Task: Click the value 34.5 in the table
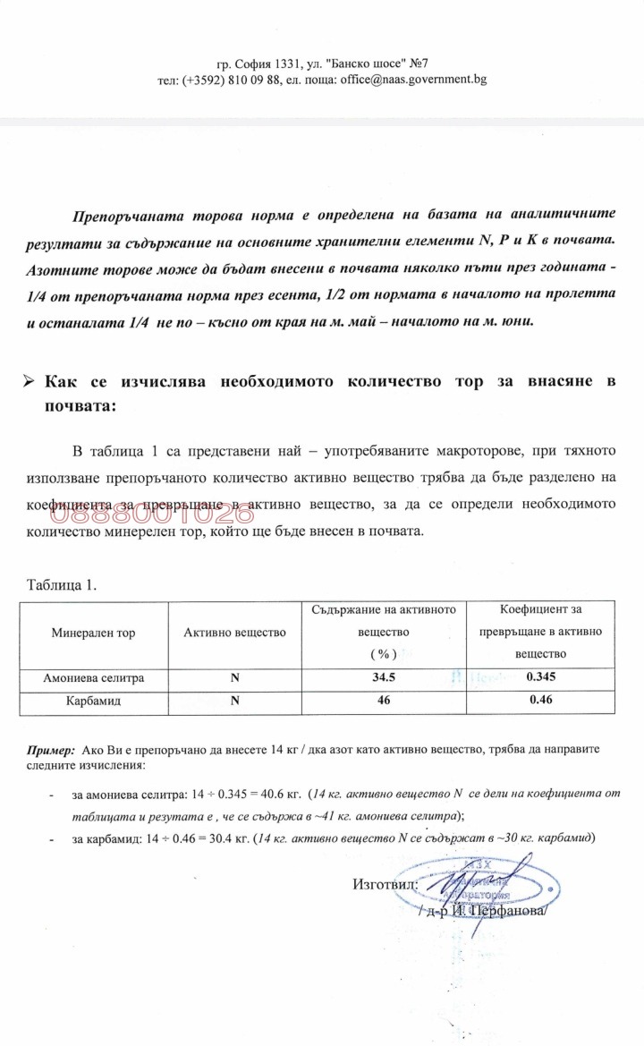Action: pos(384,679)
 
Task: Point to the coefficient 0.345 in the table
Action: pos(539,679)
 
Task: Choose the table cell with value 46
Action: pos(384,702)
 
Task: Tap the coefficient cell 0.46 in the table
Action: pos(539,702)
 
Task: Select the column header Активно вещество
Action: pos(234,633)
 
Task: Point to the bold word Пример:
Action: pos(50,750)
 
